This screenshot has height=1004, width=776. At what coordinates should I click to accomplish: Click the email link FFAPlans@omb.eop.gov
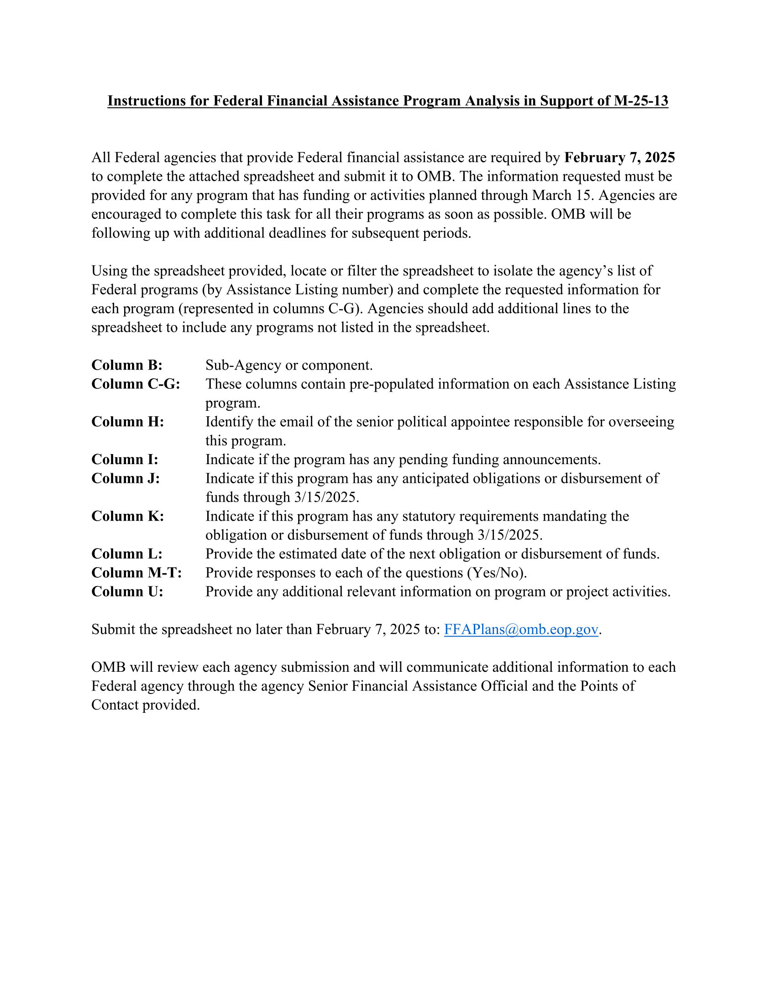[x=521, y=629]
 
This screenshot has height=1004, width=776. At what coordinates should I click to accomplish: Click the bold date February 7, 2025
[x=619, y=158]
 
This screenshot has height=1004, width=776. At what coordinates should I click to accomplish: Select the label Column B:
[x=127, y=365]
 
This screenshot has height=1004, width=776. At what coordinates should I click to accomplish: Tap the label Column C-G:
[x=136, y=384]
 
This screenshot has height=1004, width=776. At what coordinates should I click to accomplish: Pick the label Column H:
[x=127, y=422]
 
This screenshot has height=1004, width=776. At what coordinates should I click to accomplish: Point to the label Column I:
[x=125, y=459]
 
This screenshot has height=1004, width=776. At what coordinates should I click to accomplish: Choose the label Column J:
[x=126, y=479]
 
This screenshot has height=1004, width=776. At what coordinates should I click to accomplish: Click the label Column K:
[x=127, y=516]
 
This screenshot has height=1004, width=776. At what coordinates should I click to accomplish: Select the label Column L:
[x=127, y=554]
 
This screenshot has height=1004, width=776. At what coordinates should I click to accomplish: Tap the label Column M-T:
[x=136, y=573]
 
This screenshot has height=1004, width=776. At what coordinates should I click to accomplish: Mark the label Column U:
[x=127, y=591]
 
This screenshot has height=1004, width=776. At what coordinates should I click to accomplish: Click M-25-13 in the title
[x=641, y=101]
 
